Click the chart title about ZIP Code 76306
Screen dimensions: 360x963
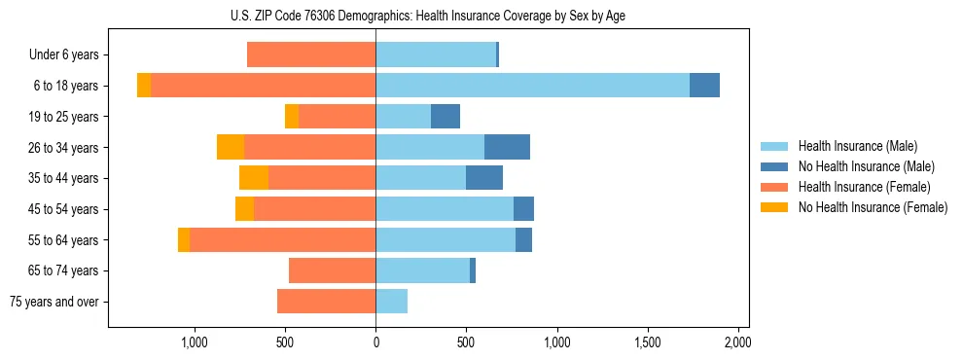428,17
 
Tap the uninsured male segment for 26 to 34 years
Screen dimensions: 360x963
507,147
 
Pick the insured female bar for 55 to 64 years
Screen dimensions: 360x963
282,239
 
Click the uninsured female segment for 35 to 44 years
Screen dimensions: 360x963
254,178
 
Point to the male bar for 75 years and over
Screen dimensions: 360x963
391,302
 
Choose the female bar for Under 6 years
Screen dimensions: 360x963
311,54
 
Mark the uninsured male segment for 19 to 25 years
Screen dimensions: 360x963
446,117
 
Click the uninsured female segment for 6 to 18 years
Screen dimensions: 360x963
144,86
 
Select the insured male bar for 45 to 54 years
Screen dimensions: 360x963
445,209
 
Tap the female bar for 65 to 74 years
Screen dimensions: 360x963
332,270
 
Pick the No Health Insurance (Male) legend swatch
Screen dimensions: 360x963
774,166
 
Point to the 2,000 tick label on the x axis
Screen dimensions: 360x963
737,342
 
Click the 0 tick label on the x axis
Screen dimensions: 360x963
375,342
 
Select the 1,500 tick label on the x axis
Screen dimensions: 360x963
647,342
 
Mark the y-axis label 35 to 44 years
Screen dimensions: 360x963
63,178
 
